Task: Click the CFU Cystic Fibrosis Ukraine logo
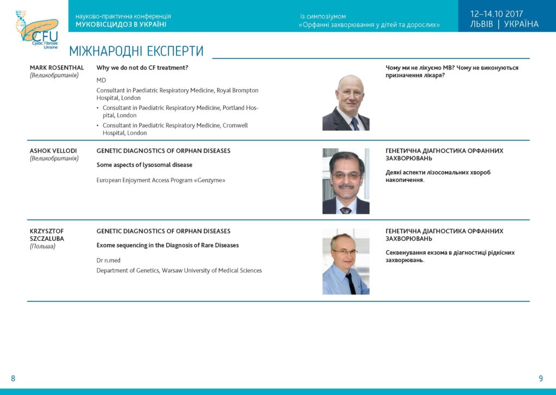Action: (37, 29)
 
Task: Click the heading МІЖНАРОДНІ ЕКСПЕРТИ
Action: (136, 51)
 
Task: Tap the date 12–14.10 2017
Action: (496, 14)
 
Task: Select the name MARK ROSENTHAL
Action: (56, 67)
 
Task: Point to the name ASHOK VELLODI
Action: (53, 151)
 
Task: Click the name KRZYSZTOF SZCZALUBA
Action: (47, 235)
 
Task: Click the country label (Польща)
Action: (42, 246)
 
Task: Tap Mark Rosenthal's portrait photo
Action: (346, 103)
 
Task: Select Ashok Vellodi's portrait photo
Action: (346, 181)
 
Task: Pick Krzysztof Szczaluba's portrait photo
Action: (346, 261)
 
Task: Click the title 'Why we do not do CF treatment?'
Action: (142, 67)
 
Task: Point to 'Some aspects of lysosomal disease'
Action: (144, 165)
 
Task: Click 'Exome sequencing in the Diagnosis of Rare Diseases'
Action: (167, 245)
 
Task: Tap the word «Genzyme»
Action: (211, 180)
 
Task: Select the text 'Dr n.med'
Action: (109, 260)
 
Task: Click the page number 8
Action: (13, 378)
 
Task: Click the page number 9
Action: (541, 378)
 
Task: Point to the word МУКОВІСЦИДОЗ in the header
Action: (100, 24)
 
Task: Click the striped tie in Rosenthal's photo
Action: (355, 124)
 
